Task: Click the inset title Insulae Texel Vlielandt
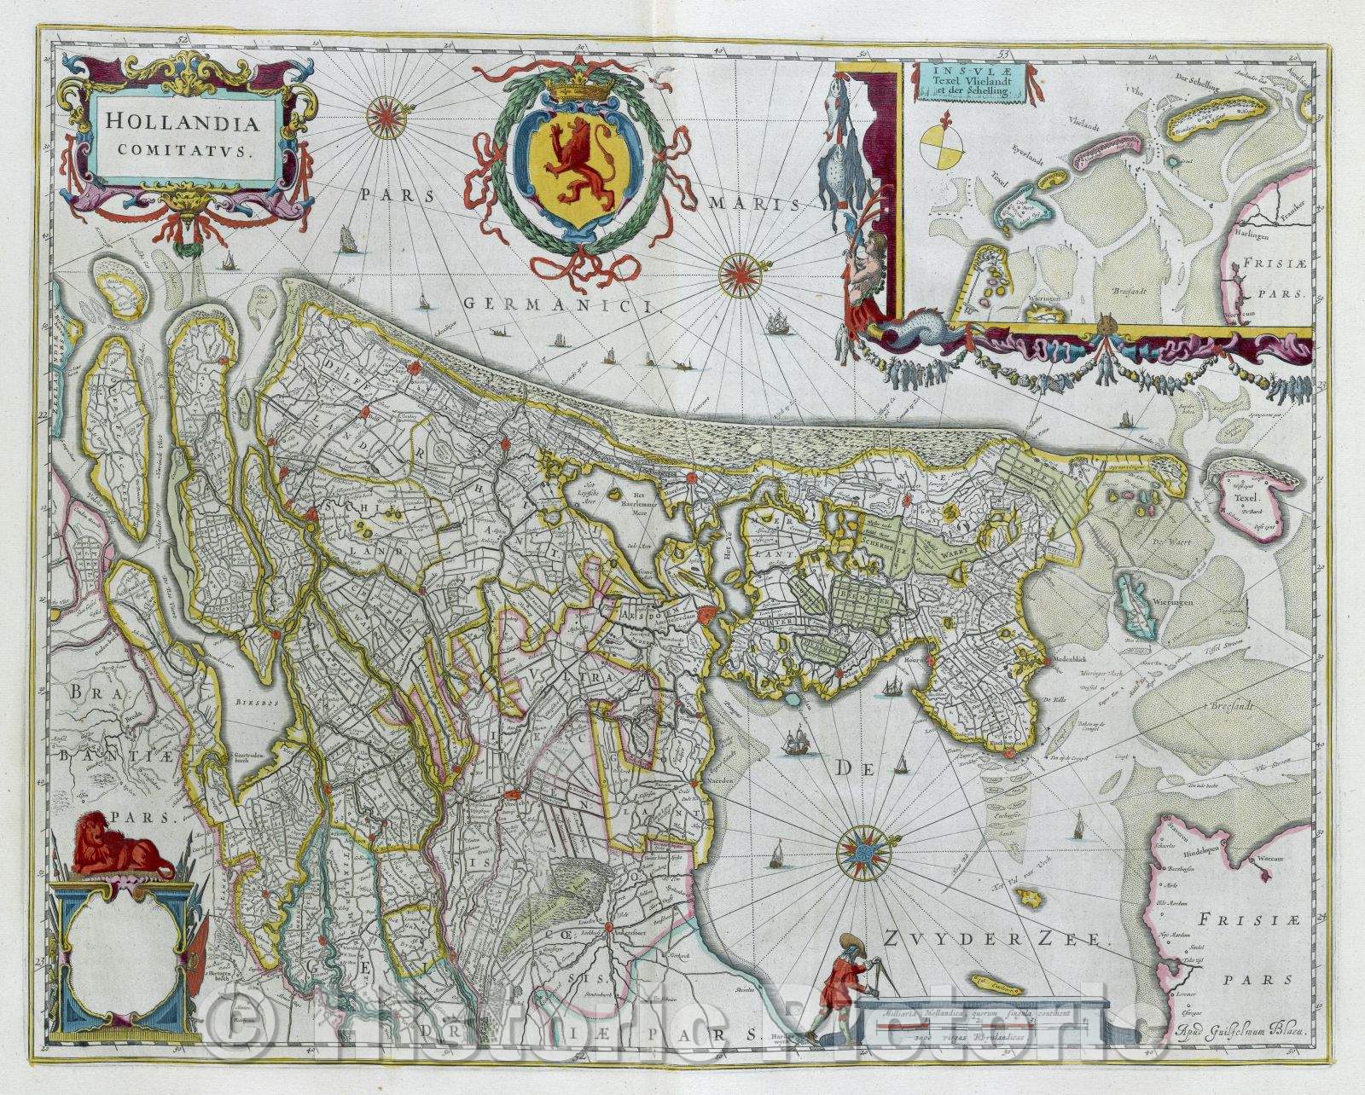pos(961,83)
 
